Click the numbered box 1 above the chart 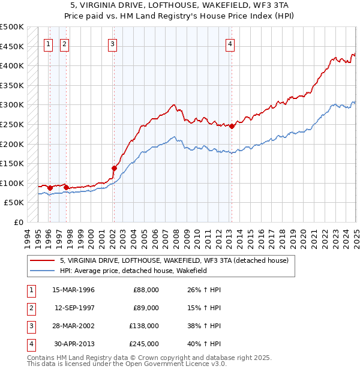(x=48, y=43)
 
